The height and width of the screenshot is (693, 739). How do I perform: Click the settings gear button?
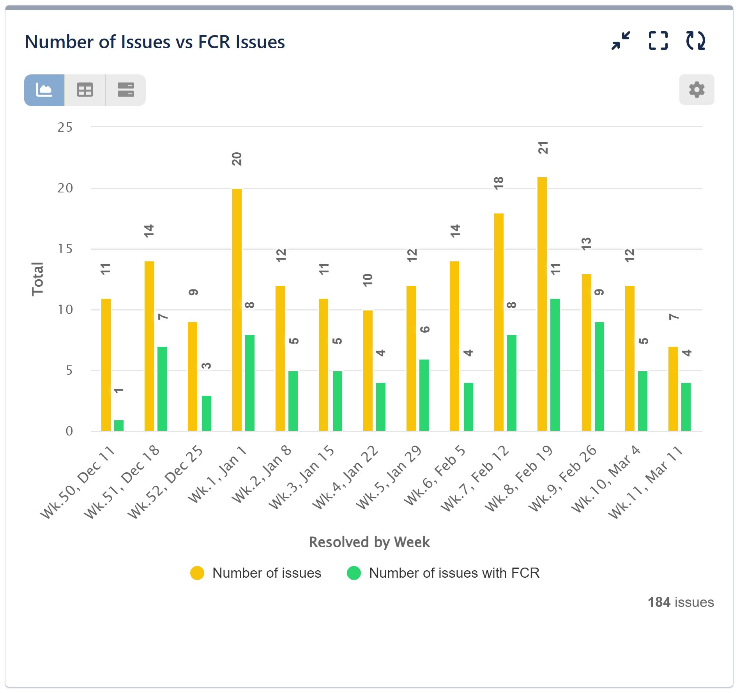[696, 90]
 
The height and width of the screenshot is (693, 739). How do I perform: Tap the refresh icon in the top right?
[696, 41]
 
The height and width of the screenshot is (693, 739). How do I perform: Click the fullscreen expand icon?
[658, 41]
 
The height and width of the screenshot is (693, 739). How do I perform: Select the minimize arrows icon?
[621, 41]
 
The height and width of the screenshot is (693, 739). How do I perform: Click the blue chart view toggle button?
[44, 90]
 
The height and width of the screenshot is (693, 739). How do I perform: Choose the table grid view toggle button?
[85, 90]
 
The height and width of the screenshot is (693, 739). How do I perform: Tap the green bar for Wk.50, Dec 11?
[119, 425]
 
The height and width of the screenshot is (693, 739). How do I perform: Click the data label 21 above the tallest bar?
[543, 148]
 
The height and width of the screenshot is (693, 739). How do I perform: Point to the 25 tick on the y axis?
[65, 127]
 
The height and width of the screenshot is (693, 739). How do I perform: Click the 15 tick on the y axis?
[65, 249]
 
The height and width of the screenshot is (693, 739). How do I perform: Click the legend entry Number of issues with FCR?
[454, 573]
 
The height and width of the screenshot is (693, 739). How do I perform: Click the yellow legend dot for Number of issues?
[197, 573]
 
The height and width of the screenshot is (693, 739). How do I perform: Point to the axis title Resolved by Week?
[369, 542]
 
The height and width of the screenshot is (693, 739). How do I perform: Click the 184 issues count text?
[681, 602]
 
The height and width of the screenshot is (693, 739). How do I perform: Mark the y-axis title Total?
[38, 279]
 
